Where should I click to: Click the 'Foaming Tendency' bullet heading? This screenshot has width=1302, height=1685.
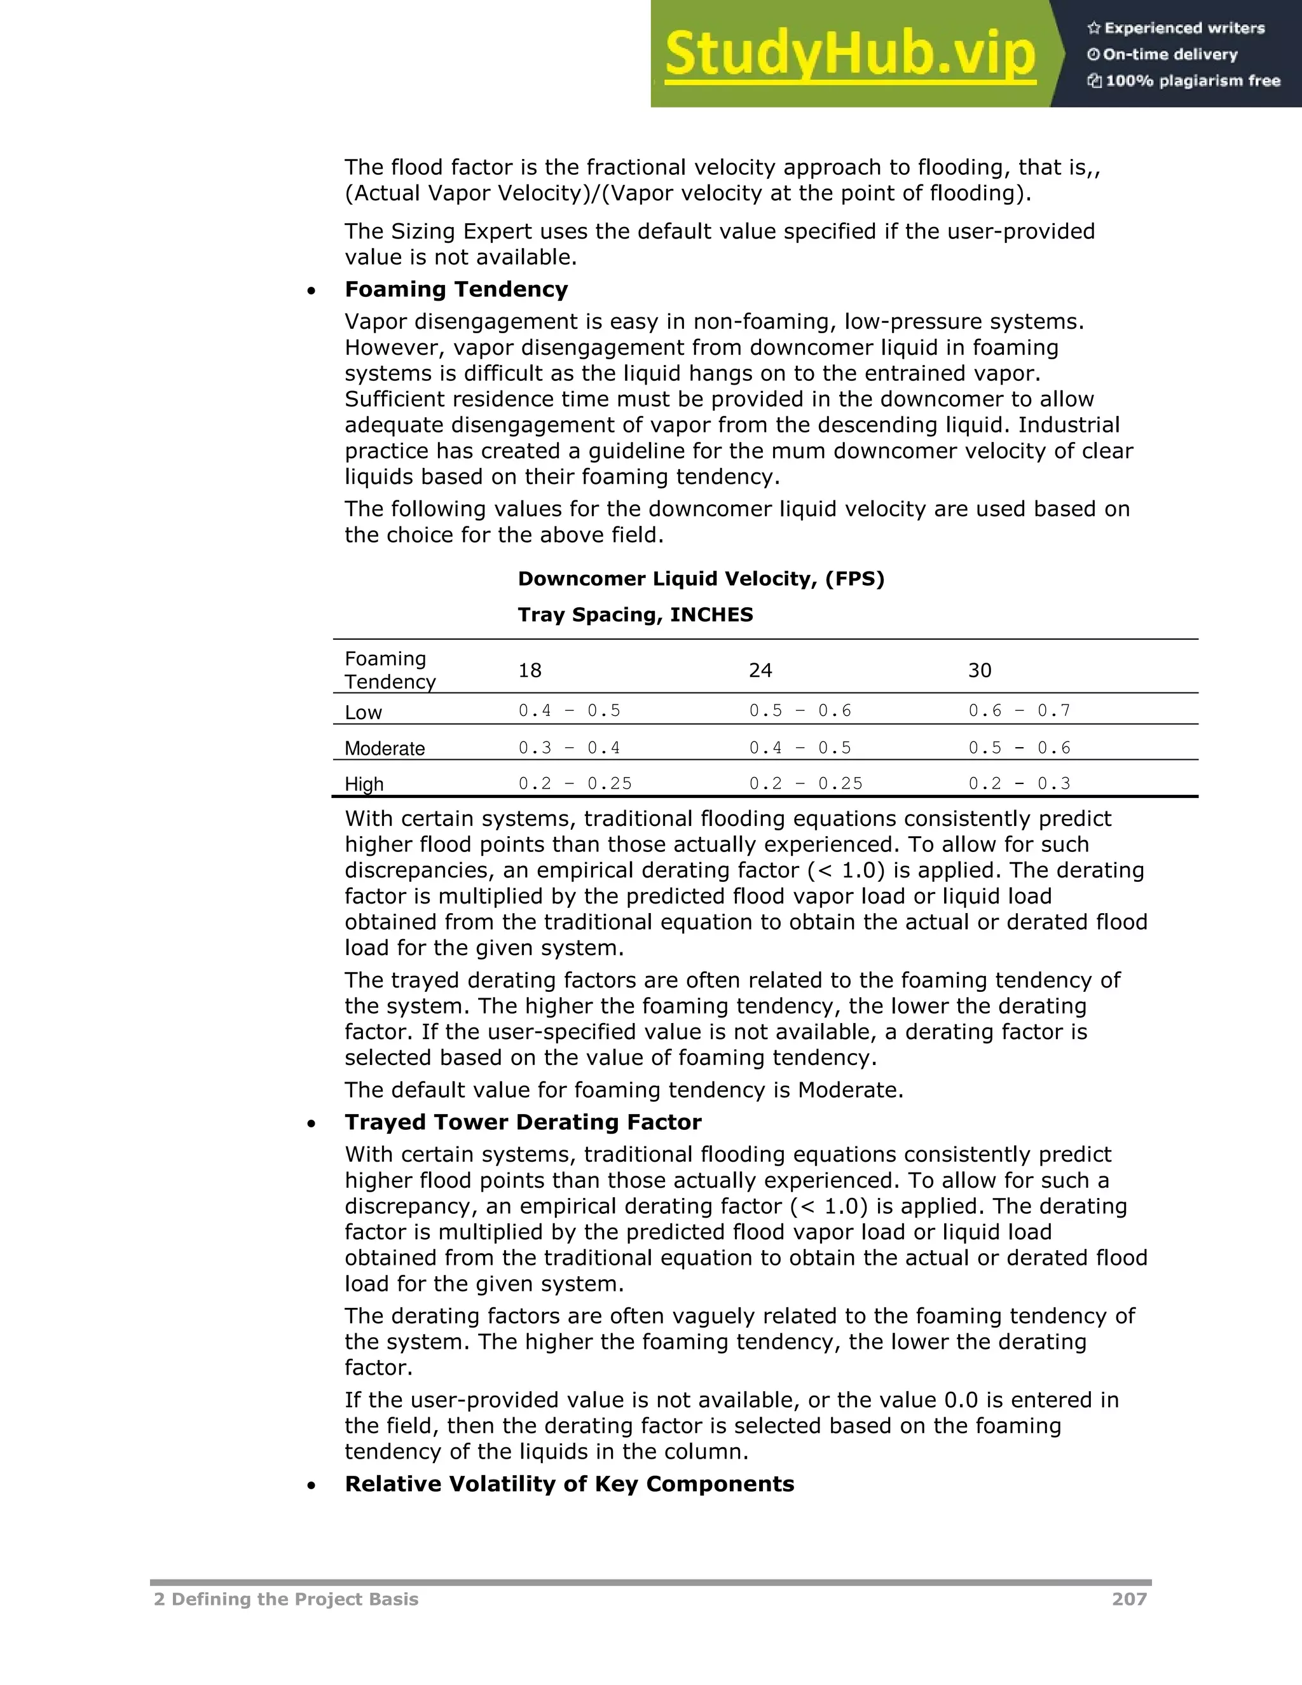(456, 289)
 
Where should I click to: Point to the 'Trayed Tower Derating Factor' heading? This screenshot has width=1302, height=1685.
(523, 1122)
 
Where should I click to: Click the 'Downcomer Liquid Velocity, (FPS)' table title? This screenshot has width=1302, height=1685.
(701, 579)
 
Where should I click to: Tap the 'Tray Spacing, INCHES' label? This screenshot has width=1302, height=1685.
(635, 615)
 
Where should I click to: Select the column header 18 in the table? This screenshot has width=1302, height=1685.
(530, 670)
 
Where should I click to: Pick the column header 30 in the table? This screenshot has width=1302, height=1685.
(980, 670)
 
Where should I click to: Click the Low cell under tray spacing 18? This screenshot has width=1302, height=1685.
(569, 711)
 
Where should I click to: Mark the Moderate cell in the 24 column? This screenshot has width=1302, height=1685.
(800, 748)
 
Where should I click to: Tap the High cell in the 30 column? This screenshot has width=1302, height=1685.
(1019, 784)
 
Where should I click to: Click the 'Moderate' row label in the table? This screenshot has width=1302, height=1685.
(385, 748)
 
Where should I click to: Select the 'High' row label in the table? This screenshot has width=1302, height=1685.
(364, 784)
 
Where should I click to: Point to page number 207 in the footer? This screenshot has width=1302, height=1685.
(1129, 1599)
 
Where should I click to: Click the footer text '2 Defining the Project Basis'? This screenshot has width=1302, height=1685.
(286, 1599)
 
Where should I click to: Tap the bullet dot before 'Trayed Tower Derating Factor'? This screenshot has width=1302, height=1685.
(311, 1125)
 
